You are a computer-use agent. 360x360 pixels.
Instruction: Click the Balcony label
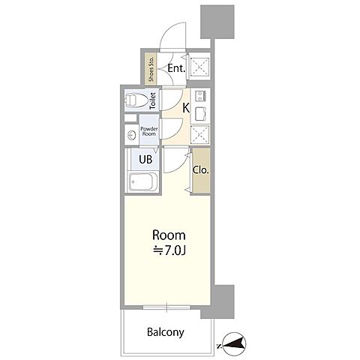pos(166,332)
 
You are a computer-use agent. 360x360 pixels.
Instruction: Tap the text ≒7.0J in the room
pos(169,250)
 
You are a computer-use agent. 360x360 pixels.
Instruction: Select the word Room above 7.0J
pos(169,235)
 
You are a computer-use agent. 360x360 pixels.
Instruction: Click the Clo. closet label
pos(201,170)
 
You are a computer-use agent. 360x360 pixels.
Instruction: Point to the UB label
pos(145,159)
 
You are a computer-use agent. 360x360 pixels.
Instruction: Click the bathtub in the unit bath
pos(143,181)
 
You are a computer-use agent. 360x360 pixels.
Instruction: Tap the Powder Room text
pos(149,131)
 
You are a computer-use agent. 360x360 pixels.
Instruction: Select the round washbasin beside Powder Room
pos(131,136)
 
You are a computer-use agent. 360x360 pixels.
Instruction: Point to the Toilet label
pos(152,100)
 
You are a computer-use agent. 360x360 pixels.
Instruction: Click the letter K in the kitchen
pos(186,108)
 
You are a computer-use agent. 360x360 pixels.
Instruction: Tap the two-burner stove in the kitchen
pos(200,96)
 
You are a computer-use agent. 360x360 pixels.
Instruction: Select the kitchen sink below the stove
pos(200,114)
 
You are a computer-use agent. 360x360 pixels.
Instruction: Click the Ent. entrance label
pos(176,68)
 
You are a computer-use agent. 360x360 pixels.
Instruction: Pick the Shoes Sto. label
pos(151,69)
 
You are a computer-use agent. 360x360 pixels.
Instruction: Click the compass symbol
pos(232,344)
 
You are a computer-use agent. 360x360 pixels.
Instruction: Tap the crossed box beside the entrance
pos(199,66)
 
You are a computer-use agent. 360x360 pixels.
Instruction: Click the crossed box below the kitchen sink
pos(199,134)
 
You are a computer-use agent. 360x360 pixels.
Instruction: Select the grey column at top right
pos(217,22)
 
